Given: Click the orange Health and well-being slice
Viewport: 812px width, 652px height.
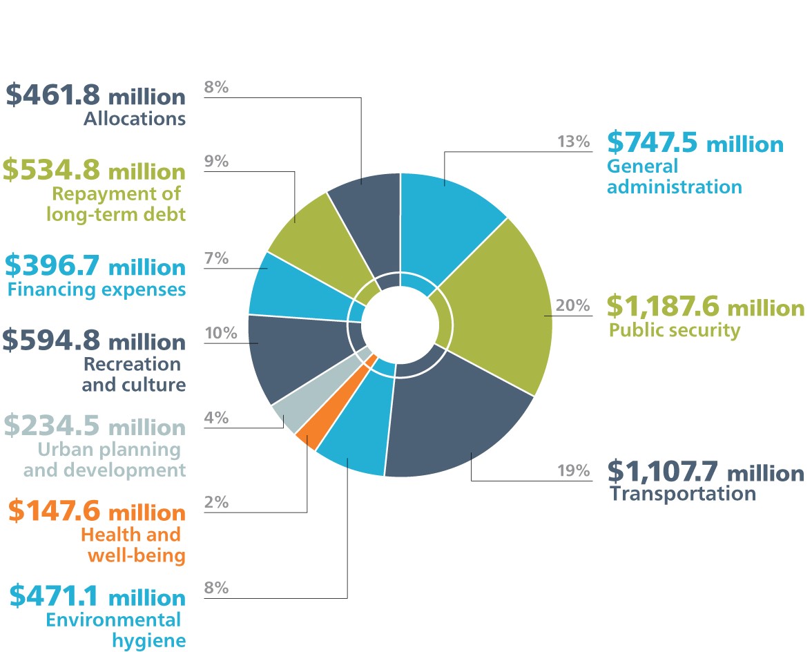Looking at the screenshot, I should (x=307, y=437).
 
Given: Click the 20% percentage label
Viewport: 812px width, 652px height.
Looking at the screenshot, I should (x=572, y=305).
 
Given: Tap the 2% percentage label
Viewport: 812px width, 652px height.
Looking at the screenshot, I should (x=216, y=503).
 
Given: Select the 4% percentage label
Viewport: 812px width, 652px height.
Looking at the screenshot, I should (x=216, y=418).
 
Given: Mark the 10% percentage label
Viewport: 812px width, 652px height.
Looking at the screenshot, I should (x=220, y=333).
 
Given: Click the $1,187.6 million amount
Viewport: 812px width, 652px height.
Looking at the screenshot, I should (x=705, y=306).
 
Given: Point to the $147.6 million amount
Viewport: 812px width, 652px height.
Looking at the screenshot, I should (x=97, y=512).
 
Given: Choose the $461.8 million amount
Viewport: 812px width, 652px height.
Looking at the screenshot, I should (x=95, y=95).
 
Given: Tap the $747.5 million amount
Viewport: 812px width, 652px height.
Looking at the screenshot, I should (x=695, y=143).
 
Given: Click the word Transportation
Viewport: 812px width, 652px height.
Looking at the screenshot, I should (x=683, y=494).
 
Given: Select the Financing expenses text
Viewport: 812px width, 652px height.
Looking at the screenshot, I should (x=97, y=289).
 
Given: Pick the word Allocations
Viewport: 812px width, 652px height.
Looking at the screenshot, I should (x=135, y=119).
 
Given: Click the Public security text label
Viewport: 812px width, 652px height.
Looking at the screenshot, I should (x=674, y=330).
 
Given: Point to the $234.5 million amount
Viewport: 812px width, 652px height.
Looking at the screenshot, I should (x=95, y=427).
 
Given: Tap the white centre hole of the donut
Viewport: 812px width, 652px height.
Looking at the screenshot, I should (x=400, y=325).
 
